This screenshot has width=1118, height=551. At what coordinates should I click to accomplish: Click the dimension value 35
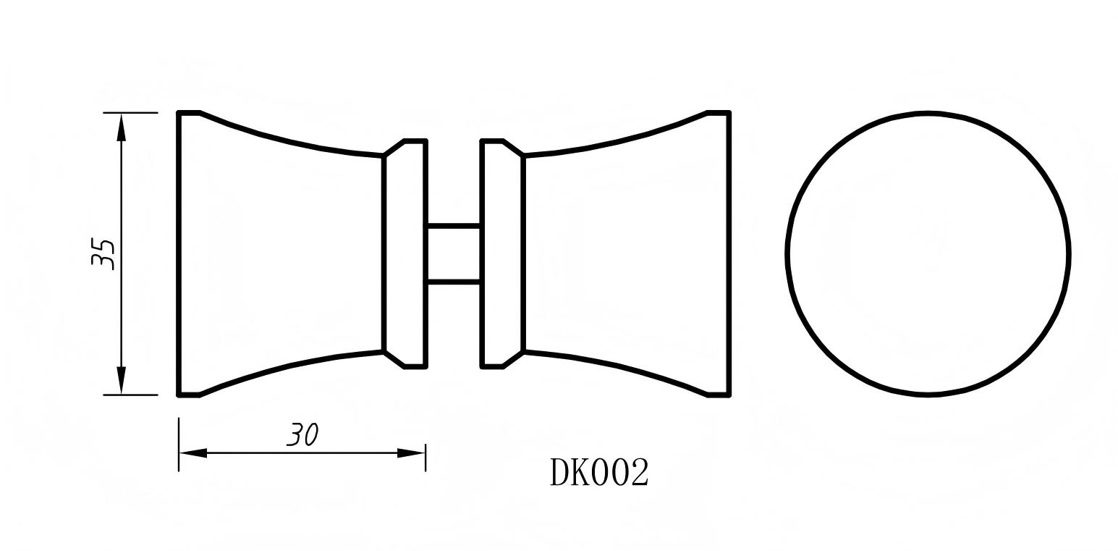tap(103, 253)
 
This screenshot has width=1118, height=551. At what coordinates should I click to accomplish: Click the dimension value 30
tap(302, 434)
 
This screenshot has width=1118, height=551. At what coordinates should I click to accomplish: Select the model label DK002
tap(599, 473)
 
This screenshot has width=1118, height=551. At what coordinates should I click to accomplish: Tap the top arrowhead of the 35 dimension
tap(122, 127)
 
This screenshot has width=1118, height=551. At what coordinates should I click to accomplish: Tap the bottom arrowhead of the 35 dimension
tap(122, 380)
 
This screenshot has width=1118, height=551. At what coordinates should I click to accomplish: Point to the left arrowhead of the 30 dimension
tap(192, 453)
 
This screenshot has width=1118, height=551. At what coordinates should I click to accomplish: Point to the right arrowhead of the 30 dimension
tap(411, 453)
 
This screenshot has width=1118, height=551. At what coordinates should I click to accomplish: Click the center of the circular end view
tap(928, 253)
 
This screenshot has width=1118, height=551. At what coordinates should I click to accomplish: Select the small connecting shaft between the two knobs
tap(453, 253)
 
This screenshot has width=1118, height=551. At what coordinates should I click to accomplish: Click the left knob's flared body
tap(282, 253)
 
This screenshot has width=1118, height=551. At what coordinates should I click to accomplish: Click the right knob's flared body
tap(626, 253)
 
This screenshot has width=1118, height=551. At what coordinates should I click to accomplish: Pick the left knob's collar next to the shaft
tap(405, 253)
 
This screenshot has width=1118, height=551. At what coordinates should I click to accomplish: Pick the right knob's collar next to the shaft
tap(501, 253)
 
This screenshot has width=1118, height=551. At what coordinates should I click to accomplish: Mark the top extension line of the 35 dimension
tap(130, 113)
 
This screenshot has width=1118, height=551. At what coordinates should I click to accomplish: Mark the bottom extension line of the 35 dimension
tap(130, 395)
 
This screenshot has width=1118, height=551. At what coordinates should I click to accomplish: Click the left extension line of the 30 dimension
tap(179, 443)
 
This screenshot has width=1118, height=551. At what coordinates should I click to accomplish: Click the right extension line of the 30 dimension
tap(425, 458)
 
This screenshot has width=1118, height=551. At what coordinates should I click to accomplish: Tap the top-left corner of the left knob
tap(179, 113)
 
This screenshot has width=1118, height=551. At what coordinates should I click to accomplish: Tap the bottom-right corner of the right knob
tap(729, 395)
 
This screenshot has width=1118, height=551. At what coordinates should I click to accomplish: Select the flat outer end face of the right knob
tap(729, 253)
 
